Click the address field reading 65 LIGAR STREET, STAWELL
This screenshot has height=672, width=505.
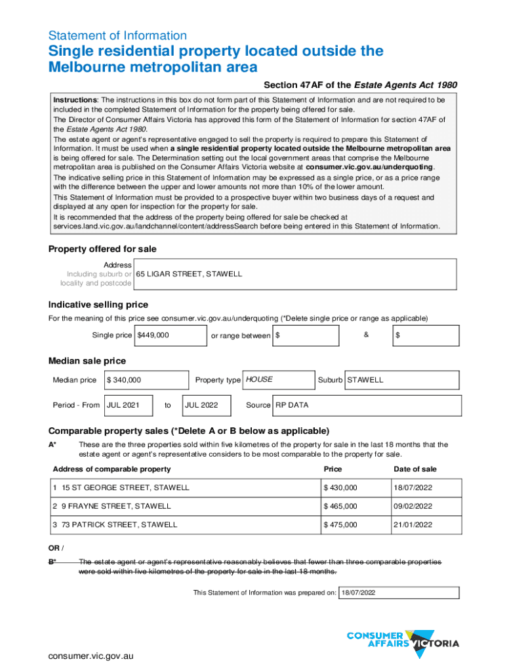click(x=295, y=274)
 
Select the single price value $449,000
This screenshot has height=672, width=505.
click(x=170, y=335)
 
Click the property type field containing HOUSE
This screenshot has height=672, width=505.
click(x=279, y=380)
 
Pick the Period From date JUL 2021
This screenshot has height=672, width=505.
click(x=129, y=405)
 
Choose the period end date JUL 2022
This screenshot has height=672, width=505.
click(x=207, y=405)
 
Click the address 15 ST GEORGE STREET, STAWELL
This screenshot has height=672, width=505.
click(x=125, y=488)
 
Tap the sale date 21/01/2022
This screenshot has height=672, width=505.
click(x=413, y=525)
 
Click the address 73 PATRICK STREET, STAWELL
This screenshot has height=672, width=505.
click(x=119, y=525)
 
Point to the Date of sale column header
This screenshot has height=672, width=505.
click(x=414, y=469)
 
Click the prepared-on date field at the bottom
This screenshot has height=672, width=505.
click(x=399, y=593)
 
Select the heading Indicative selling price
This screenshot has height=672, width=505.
click(x=98, y=304)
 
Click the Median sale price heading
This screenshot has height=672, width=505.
click(x=87, y=361)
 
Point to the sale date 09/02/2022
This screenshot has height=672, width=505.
click(x=413, y=506)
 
